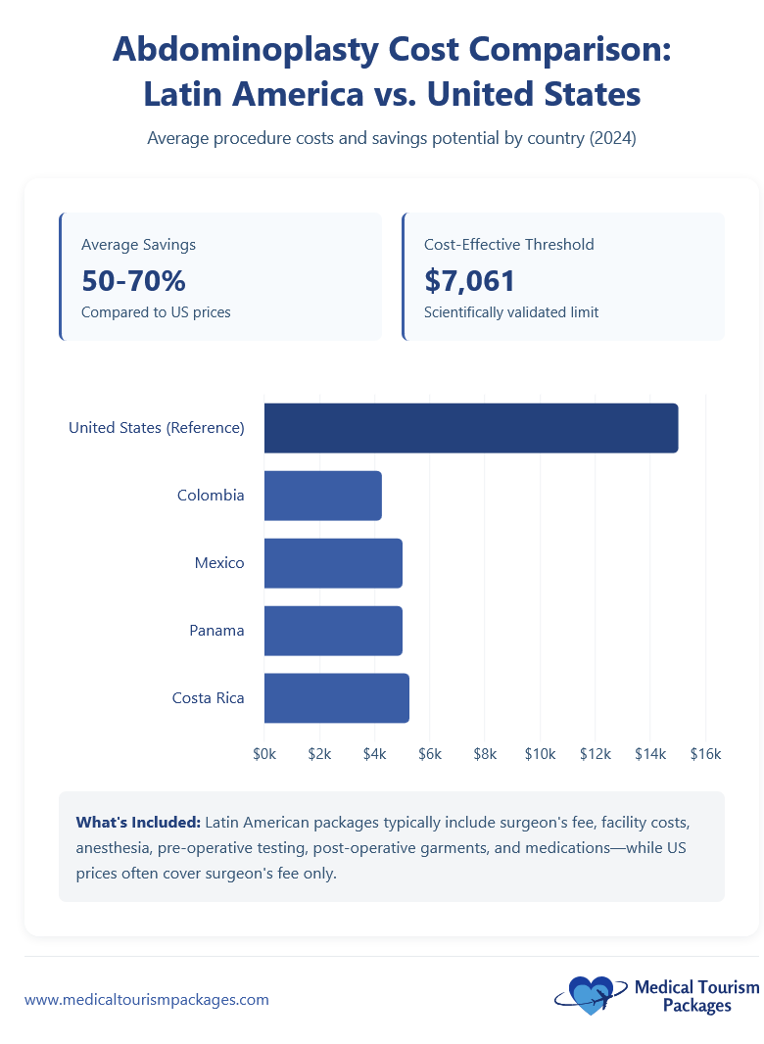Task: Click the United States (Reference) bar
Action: point(470,428)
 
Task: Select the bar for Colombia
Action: point(322,496)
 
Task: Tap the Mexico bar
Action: point(333,563)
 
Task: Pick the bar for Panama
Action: point(333,631)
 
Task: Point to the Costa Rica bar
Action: point(336,698)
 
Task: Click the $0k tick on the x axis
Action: point(264,754)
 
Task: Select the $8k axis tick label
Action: point(485,754)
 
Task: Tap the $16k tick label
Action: point(705,754)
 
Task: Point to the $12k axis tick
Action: point(596,754)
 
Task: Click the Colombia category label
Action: point(211,496)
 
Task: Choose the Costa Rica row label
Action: point(208,698)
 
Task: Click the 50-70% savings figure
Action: point(133,281)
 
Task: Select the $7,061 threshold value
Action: point(469,281)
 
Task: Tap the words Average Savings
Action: point(138,245)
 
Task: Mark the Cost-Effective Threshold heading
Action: point(508,245)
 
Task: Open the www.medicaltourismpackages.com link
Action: point(146,1000)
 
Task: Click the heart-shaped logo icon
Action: point(592,995)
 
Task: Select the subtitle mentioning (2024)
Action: point(392,139)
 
